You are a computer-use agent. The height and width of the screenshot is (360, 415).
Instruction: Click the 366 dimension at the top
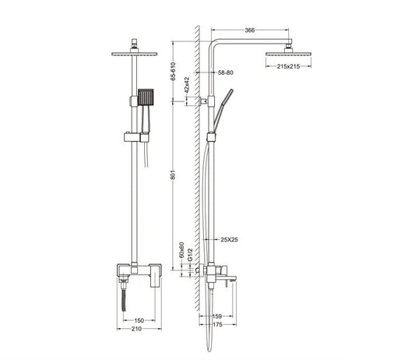250,30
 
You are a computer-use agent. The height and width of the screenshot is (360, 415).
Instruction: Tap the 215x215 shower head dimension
289,66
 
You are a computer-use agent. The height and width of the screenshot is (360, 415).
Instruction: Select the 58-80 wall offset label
226,72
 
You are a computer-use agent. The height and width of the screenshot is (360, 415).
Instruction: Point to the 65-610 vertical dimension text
173,71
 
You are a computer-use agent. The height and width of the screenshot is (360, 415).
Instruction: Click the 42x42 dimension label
187,85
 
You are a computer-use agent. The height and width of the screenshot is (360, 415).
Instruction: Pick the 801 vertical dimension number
173,175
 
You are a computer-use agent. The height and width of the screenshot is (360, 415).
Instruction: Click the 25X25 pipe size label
229,240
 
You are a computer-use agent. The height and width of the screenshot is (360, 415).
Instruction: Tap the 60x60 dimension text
181,250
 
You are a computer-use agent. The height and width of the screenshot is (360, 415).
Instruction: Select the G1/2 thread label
189,255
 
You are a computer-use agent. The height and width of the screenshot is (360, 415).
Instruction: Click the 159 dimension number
217,316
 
